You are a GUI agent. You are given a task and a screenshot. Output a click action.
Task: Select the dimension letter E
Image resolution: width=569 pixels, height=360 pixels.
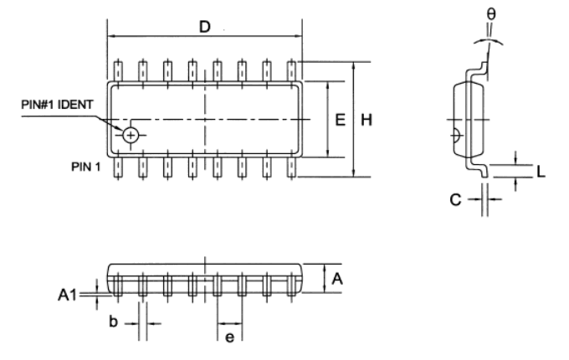point(341,121)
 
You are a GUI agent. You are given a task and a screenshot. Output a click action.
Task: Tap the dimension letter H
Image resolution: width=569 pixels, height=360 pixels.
point(366,121)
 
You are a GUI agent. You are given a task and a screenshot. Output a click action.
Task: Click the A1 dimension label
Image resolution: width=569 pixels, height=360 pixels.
point(68,295)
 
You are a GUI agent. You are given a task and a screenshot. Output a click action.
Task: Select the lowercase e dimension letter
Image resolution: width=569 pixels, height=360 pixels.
point(230,337)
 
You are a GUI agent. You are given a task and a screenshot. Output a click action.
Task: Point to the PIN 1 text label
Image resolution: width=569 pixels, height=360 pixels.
point(85,166)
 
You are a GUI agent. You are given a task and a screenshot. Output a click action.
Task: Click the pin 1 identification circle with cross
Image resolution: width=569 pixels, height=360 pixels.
point(131,135)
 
